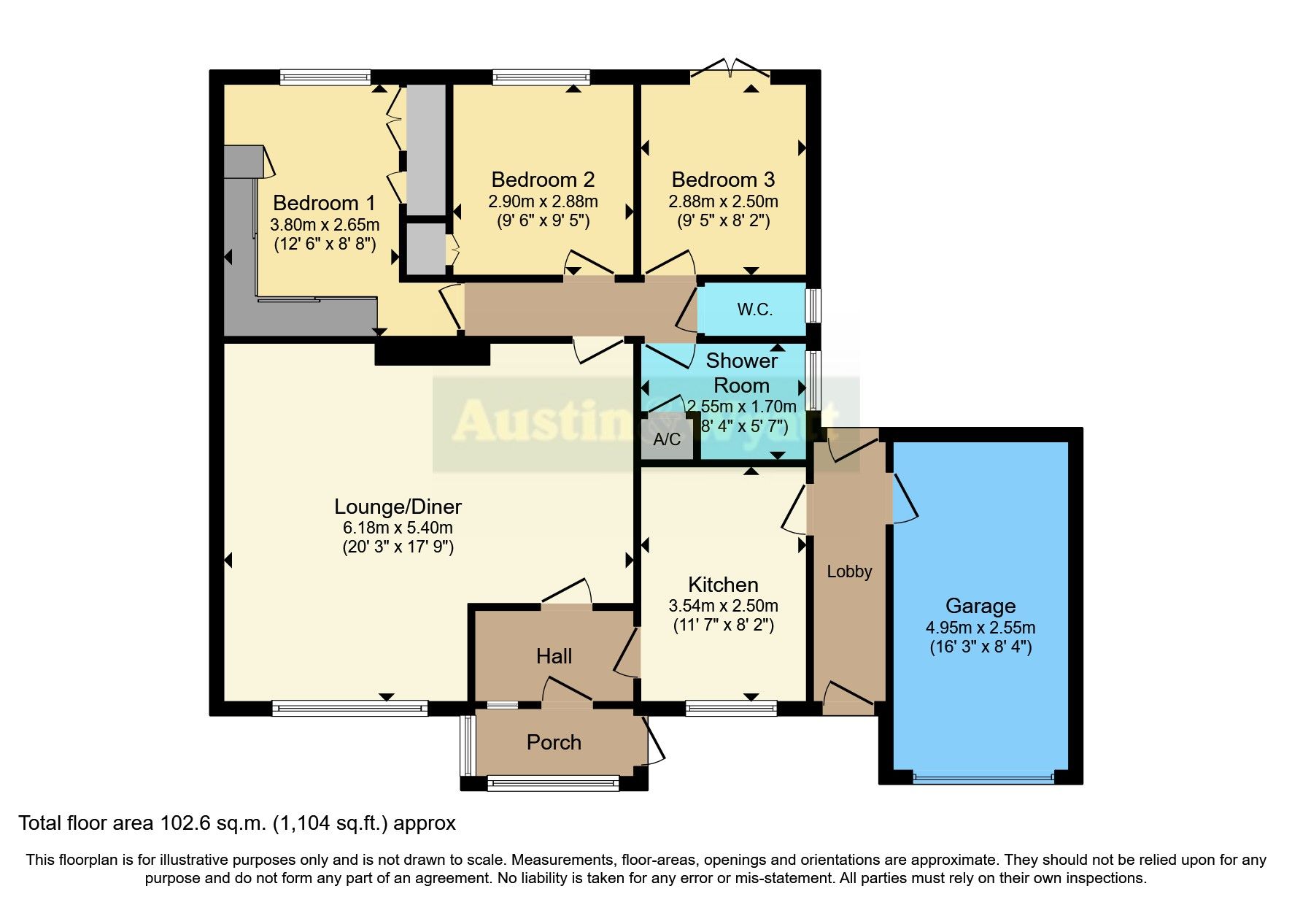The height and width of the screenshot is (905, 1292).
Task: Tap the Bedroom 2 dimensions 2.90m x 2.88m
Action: point(543,201)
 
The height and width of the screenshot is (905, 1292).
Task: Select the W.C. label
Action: point(754,309)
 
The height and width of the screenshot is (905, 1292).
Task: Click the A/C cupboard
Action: point(666,439)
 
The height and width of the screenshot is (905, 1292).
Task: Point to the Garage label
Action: point(980,606)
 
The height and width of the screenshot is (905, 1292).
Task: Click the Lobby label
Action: point(849,571)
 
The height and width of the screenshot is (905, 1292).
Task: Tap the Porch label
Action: point(554,742)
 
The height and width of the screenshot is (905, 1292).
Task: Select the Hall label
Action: point(554,656)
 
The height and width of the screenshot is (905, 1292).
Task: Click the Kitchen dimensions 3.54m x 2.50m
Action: point(723,606)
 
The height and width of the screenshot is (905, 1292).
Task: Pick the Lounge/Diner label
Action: point(398,507)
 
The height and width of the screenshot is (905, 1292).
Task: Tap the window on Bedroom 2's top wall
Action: point(541,77)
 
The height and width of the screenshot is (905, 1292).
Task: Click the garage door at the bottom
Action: point(983,778)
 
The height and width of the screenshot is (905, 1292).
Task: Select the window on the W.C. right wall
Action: point(812,306)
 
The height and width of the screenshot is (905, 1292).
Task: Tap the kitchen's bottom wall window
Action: point(731,706)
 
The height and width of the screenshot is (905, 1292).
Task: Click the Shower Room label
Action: point(741,372)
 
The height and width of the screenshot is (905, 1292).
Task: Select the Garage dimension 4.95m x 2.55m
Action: point(980,628)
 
